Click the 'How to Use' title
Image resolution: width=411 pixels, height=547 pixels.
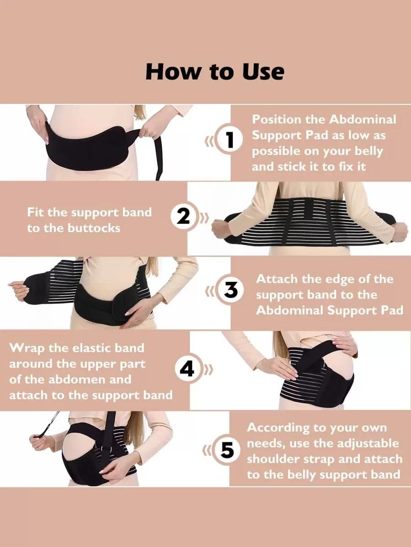(x=215, y=72)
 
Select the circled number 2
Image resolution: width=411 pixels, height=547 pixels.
(x=184, y=217)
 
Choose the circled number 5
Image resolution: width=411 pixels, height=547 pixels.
(x=227, y=450)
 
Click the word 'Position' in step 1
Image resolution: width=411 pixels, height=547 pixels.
(x=276, y=120)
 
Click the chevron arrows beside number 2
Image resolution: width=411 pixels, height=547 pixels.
(x=205, y=217)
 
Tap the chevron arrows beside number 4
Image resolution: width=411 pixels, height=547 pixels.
(x=209, y=369)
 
